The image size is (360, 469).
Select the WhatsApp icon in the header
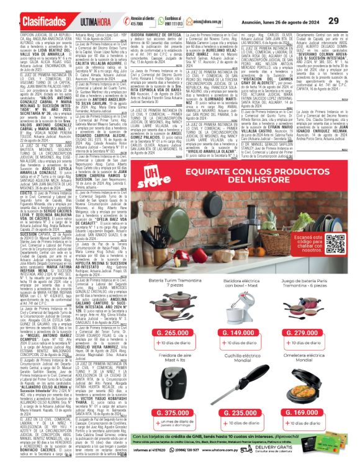[163, 20]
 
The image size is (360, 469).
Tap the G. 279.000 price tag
[317, 333]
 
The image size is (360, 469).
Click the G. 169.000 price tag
[317, 413]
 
